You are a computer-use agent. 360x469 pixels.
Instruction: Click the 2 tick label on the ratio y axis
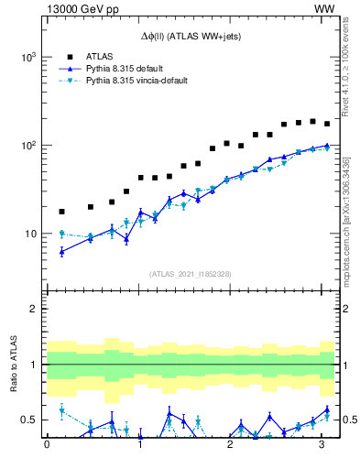[x=35, y=309]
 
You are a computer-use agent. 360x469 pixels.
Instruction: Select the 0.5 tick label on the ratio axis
[x=29, y=420]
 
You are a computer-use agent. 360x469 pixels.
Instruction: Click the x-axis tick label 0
[x=47, y=446]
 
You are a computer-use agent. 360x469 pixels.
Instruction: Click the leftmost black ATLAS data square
[x=61, y=212]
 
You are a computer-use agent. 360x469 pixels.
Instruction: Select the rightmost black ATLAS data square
[x=327, y=124]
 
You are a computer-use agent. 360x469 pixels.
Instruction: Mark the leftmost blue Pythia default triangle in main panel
[x=61, y=251]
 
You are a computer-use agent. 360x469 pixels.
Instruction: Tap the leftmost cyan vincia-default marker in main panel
[x=61, y=234]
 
